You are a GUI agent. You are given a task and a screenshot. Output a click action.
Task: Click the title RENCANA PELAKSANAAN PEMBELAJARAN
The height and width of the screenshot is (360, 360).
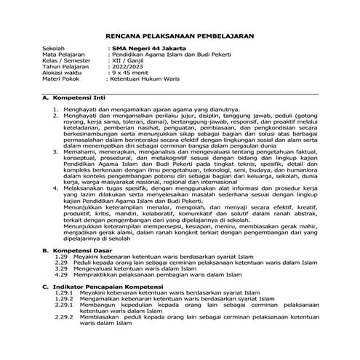pos(180,34)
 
